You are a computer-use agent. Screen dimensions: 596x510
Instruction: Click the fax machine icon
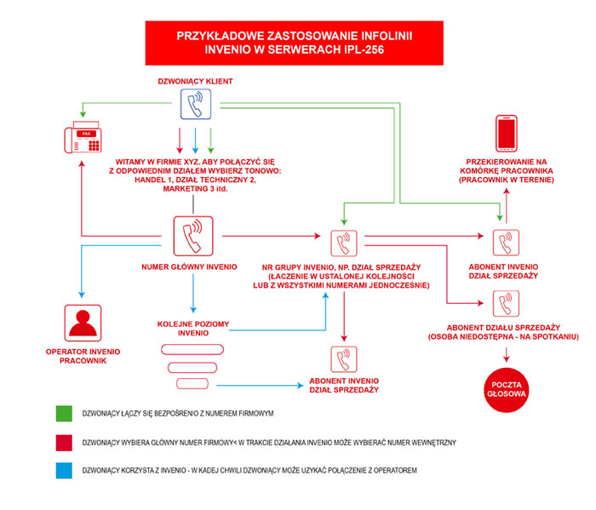tap(83, 137)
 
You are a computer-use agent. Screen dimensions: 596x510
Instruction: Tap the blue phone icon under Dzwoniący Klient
tap(196, 104)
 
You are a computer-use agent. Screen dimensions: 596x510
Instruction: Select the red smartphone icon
tap(507, 134)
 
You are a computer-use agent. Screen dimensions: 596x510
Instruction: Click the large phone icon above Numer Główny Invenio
tap(193, 236)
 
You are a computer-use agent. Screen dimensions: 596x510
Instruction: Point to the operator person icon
tap(83, 323)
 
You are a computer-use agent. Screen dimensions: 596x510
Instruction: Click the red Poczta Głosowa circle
tap(507, 390)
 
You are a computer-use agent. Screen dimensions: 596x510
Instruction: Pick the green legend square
tap(64, 414)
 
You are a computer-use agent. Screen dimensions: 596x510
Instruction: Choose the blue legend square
tap(64, 470)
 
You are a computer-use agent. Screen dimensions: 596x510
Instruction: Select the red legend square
tap(64, 443)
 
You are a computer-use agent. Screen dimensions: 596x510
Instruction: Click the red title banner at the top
tap(295, 43)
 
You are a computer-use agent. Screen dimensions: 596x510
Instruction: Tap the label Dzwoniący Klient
tap(195, 82)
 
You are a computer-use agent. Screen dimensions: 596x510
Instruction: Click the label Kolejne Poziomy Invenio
tap(193, 329)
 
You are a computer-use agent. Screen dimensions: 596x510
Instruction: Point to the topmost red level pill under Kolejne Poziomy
tap(192, 350)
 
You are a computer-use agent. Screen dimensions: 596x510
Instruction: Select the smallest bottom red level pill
tap(192, 384)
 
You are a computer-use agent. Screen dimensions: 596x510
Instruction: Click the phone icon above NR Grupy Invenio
tap(344, 244)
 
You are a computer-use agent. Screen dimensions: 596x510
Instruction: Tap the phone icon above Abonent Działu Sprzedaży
tap(506, 304)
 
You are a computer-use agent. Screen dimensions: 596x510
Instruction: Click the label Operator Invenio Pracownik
tap(83, 356)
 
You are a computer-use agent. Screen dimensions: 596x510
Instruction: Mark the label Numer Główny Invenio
tap(189, 267)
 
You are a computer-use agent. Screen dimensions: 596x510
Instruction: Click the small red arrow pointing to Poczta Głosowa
tap(507, 354)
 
